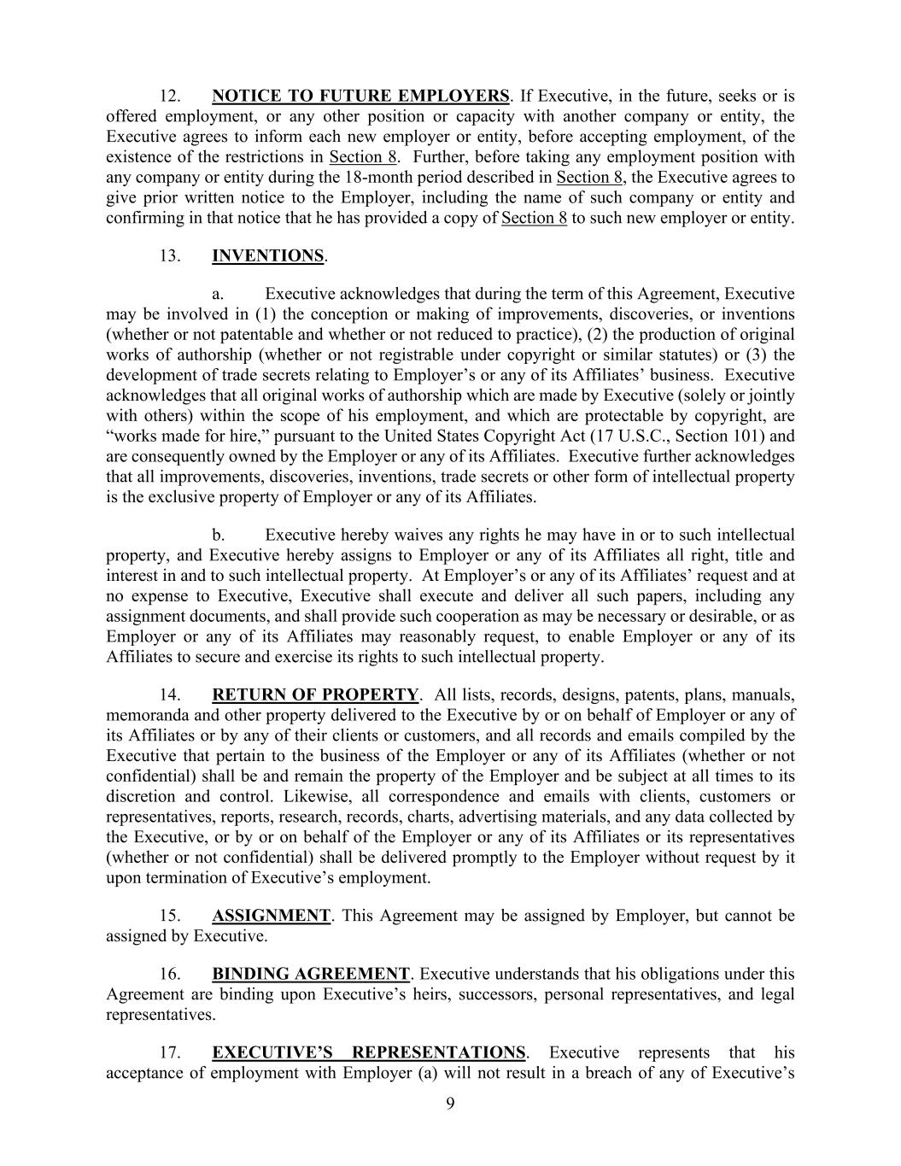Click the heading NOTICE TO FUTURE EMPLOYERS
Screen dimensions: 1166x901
pos(360,96)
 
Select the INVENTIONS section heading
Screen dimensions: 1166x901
pos(268,256)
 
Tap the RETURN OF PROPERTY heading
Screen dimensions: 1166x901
pos(315,695)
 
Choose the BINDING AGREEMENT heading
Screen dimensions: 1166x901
pos(311,975)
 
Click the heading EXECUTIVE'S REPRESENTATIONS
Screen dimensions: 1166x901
pos(369,1053)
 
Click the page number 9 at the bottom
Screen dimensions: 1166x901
pos(451,1104)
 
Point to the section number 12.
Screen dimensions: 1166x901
pos(169,96)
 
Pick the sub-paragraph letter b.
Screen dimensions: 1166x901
pos(219,536)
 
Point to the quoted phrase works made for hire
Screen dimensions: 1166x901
pos(182,437)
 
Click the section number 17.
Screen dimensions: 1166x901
pos(169,1053)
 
